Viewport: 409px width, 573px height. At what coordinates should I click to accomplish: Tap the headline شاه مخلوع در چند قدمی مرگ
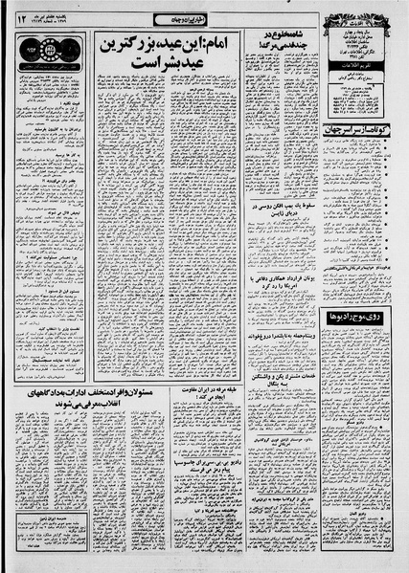point(277,42)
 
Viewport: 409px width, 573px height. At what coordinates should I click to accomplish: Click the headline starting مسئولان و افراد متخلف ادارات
point(88,398)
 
